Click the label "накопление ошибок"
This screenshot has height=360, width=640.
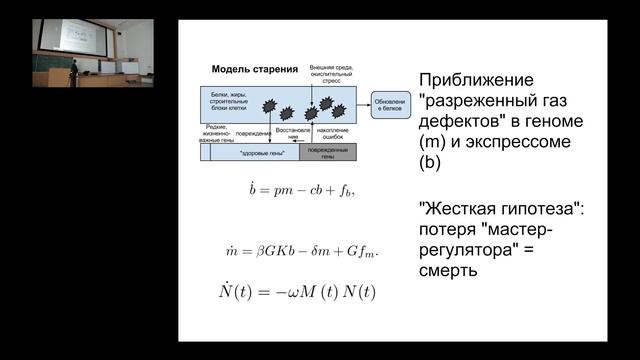click(x=336, y=134)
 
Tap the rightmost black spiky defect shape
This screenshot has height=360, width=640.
click(x=339, y=109)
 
